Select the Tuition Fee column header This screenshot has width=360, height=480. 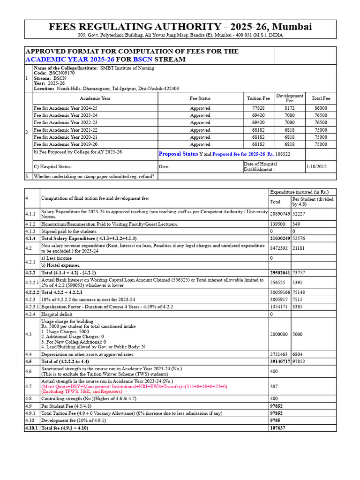[258, 98]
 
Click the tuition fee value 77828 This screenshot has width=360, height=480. [258, 108]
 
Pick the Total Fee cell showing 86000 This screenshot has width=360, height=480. [321, 108]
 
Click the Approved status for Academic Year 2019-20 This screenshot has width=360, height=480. [200, 145]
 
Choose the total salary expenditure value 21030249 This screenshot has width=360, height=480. [280, 239]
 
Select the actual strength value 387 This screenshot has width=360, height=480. [274, 387]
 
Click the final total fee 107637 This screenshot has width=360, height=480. [277, 428]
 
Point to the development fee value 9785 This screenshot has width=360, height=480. [275, 420]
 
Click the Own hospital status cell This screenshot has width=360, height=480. [164, 166]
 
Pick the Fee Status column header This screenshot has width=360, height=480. [200, 98]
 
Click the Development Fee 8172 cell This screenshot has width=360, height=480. [289, 108]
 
